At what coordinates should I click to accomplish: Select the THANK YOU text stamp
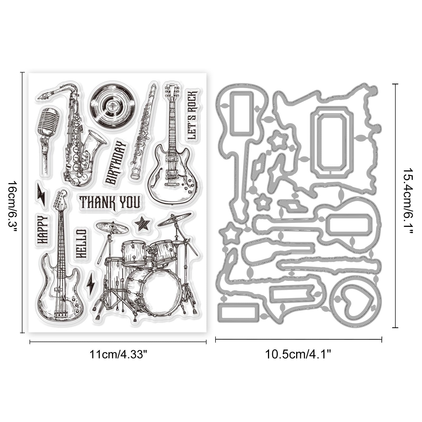coord(110,202)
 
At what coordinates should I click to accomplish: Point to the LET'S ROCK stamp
coord(192,115)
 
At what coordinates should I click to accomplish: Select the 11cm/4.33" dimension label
coord(118,354)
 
